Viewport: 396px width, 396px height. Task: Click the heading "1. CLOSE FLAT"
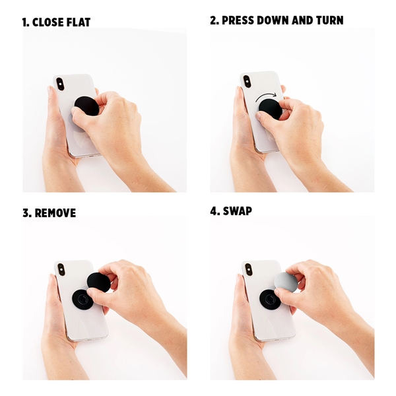(56, 22)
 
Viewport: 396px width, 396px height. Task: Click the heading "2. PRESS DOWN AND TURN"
(277, 20)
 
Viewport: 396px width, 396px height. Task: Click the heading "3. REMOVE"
(49, 213)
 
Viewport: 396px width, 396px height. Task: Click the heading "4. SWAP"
(231, 212)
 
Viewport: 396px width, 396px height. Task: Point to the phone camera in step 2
(247, 81)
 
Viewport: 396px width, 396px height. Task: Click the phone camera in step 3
(61, 269)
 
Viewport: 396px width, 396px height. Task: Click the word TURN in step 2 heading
(327, 20)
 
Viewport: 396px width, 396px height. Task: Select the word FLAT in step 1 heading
(77, 22)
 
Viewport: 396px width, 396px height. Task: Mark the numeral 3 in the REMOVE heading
(25, 213)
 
